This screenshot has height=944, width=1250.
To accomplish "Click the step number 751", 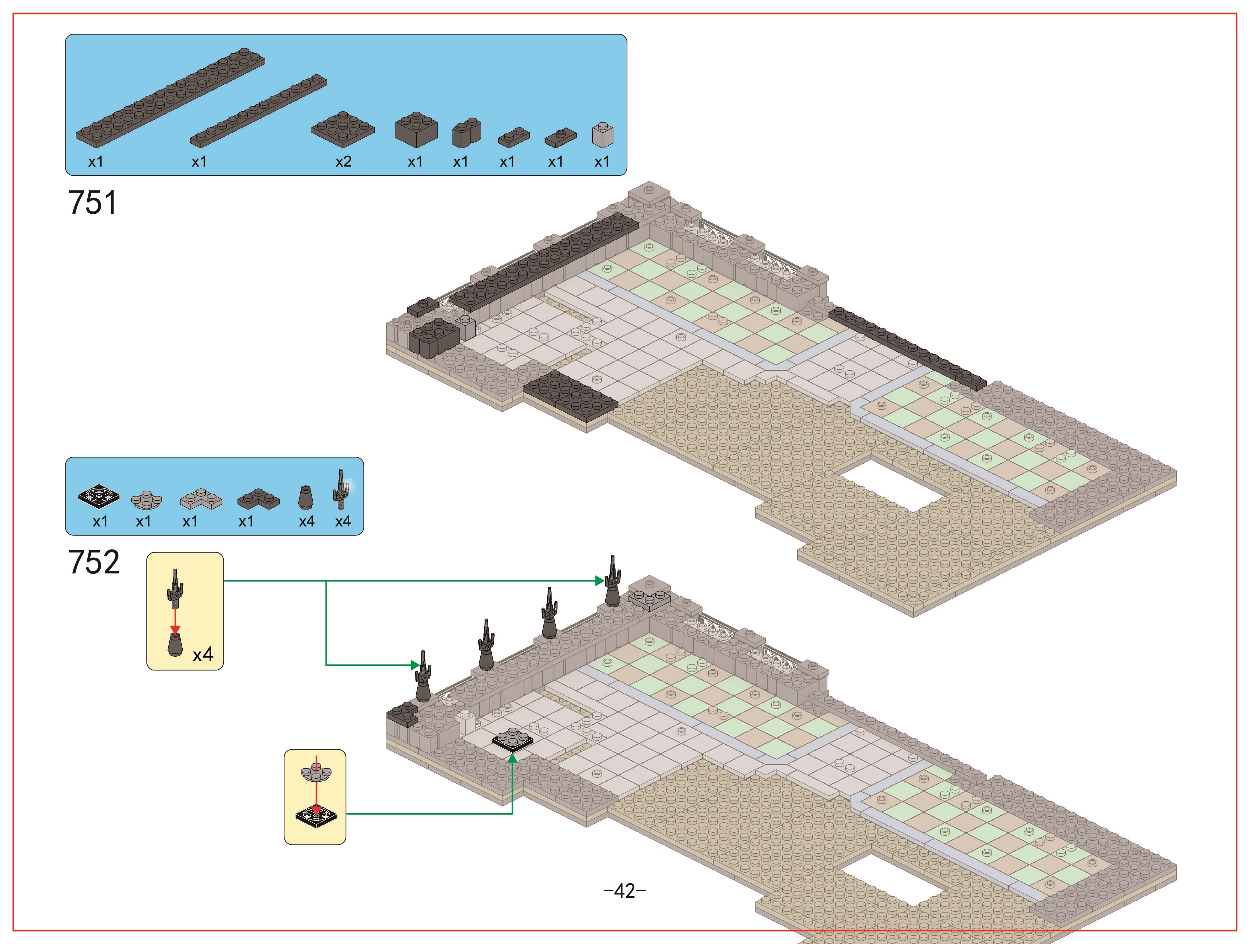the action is tap(93, 202).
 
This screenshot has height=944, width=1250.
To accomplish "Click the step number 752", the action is tap(94, 562).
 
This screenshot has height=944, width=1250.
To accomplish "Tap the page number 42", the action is tap(624, 891).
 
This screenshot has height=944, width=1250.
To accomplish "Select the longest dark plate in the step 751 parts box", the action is tap(170, 97).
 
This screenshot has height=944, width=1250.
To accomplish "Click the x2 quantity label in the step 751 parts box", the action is tap(343, 162).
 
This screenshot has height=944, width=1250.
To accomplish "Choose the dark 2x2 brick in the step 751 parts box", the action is tap(416, 129).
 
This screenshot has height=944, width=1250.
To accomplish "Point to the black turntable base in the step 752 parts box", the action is tap(99, 495).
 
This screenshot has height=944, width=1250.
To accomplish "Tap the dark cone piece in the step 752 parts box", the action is tap(306, 497).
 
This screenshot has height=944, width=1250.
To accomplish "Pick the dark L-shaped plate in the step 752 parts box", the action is tap(258, 498).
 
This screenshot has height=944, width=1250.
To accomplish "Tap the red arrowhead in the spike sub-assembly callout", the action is tap(175, 630).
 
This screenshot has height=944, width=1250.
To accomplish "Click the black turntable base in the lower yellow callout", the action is tap(316, 815).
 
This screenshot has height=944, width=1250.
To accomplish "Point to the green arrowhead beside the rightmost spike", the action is tap(600, 580).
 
